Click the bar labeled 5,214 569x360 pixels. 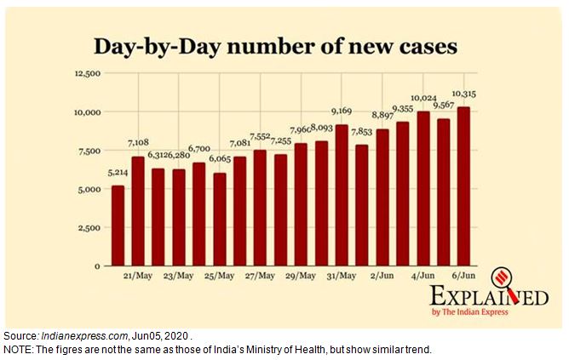[118, 226]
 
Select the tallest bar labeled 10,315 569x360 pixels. [463, 186]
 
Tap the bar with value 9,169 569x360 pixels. [342, 195]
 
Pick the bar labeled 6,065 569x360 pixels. [220, 219]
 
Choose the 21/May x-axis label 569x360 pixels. [138, 277]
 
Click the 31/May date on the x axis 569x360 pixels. [342, 277]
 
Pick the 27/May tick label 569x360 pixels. [260, 277]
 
